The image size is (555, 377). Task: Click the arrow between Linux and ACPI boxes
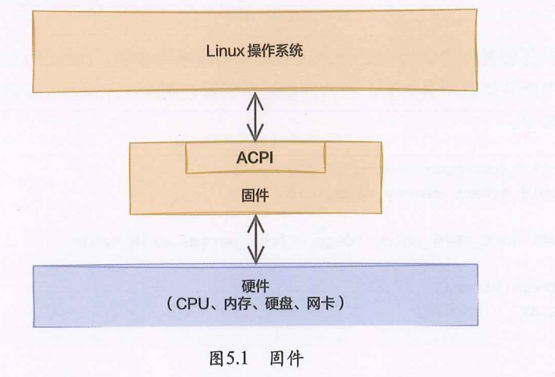(x=255, y=117)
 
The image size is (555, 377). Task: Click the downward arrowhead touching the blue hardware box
(x=255, y=259)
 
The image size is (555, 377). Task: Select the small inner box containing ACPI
(x=255, y=160)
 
